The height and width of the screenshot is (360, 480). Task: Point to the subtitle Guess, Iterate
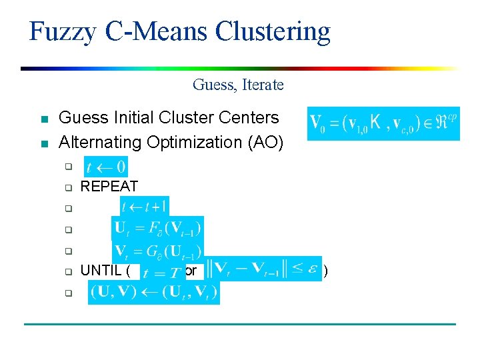coord(238,85)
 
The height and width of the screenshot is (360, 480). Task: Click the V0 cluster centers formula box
coord(383,123)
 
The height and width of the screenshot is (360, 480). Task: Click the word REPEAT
coord(109,186)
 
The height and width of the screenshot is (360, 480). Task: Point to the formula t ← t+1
coord(145,206)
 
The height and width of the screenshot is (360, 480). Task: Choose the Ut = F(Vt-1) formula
coord(158,228)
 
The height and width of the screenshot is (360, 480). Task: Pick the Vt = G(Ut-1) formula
coord(158,251)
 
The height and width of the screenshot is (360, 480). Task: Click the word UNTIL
coord(101,271)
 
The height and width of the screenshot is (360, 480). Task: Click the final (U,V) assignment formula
coord(153,292)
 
